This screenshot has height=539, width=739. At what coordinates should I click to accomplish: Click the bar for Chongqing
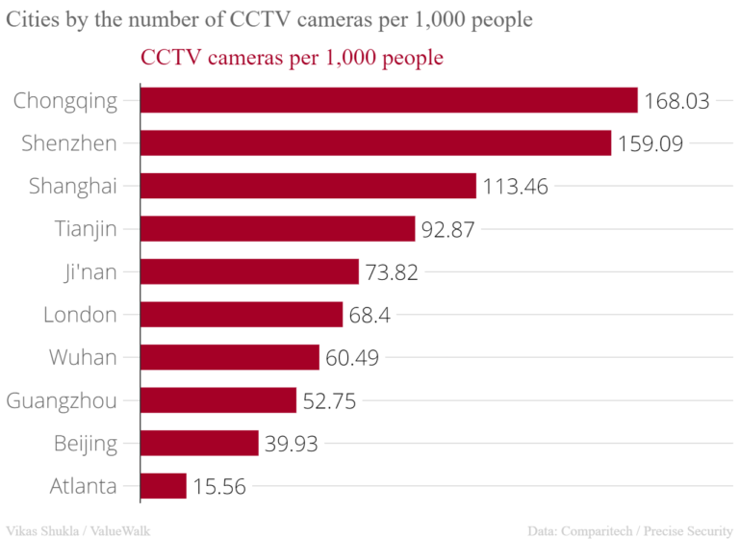pos(389,100)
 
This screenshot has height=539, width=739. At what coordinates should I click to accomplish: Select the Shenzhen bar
pos(375,143)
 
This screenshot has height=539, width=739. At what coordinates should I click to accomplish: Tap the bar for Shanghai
pos(308,186)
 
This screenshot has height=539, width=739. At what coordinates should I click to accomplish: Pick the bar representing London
pos(242,315)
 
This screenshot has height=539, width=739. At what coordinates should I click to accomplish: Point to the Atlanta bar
pos(164,486)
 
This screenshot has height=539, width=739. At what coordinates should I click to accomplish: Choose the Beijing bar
pos(199,443)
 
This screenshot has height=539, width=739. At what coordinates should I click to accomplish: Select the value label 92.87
pos(448,229)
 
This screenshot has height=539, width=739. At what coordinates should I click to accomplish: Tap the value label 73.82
pos(392,272)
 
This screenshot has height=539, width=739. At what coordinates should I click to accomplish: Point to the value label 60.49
pos(352,358)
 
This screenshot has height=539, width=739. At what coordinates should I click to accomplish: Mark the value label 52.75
pos(329,401)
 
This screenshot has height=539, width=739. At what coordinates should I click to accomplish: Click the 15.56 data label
pos(219,487)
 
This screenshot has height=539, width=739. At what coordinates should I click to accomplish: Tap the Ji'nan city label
pos(86,272)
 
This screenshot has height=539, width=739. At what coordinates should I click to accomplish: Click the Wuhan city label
pos(83,358)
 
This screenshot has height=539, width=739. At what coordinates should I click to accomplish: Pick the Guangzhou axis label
pos(62,401)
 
